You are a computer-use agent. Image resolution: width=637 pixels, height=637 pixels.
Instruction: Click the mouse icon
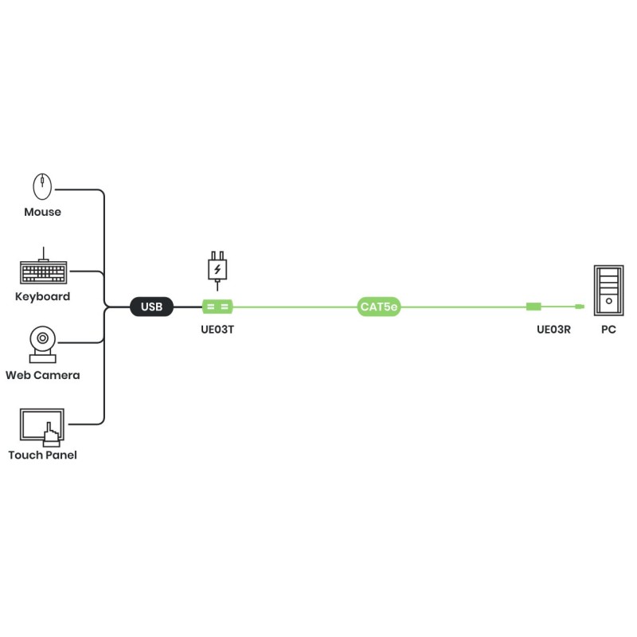[x=42, y=187]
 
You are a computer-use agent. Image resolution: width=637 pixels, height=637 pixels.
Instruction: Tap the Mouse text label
[x=42, y=213]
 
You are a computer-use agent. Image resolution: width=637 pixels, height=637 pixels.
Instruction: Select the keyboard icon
[x=43, y=272]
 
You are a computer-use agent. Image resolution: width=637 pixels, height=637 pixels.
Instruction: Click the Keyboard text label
[x=43, y=297]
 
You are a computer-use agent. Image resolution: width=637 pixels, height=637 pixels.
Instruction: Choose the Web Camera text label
[x=43, y=375]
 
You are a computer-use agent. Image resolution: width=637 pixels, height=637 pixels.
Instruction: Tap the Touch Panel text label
[x=43, y=455]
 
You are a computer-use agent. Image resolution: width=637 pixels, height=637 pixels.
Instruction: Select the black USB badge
[x=151, y=307]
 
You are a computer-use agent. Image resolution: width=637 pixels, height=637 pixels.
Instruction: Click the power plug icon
[x=217, y=267]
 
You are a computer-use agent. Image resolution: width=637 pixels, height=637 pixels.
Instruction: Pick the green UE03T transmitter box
[x=217, y=307]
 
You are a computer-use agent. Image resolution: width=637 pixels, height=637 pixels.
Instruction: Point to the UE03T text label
[x=217, y=328]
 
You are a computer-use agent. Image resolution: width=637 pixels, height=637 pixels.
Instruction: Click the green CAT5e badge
[x=378, y=307]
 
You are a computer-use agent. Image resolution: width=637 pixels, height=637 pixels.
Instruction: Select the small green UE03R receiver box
[x=534, y=307]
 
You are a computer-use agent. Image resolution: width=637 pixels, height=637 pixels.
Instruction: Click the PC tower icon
[x=608, y=289]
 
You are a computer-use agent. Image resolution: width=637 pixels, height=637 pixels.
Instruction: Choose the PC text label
[x=608, y=328]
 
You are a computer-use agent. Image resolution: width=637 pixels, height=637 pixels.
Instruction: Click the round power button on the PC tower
[x=608, y=301]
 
